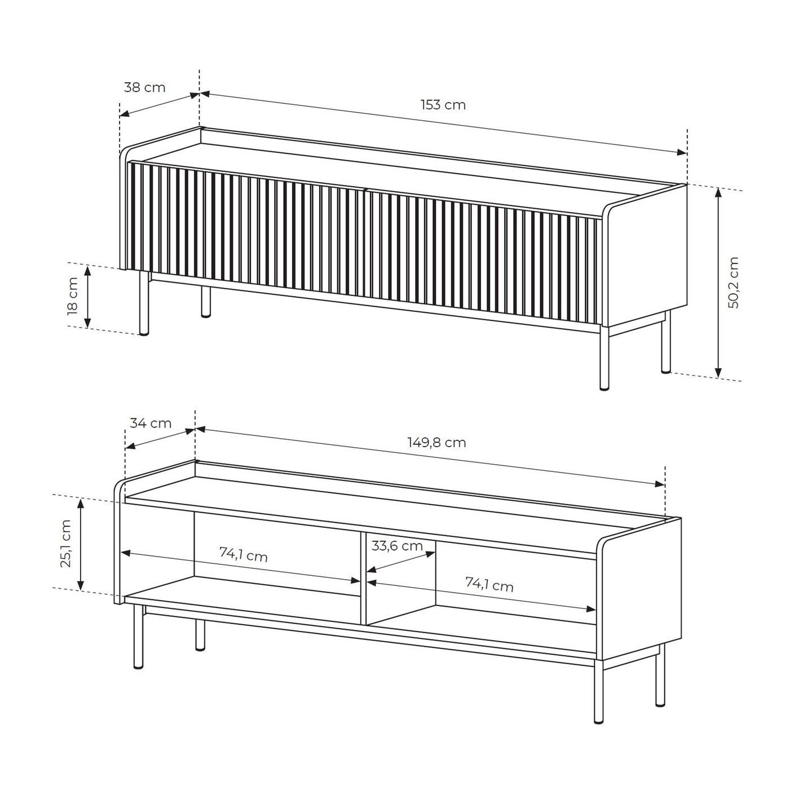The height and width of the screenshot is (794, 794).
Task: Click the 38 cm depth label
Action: (x=144, y=87)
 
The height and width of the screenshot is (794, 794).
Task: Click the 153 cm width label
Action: (x=443, y=105)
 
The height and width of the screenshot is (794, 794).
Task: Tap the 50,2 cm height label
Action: (x=734, y=283)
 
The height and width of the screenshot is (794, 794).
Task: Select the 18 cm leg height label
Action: (x=73, y=296)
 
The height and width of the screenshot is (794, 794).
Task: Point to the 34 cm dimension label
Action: (x=151, y=423)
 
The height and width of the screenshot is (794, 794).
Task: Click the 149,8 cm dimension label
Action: (x=437, y=443)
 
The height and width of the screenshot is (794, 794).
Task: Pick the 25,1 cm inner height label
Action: (x=66, y=544)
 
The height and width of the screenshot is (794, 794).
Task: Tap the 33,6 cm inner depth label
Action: (x=397, y=546)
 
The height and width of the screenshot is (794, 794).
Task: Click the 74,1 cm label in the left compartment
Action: (x=244, y=554)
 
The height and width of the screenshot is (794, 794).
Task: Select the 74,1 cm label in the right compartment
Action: (x=489, y=584)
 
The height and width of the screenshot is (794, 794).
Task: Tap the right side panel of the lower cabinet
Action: (x=641, y=590)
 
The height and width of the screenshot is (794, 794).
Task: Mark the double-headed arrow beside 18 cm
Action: (x=87, y=297)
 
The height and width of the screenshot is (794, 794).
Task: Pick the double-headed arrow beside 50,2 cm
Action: (x=718, y=283)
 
